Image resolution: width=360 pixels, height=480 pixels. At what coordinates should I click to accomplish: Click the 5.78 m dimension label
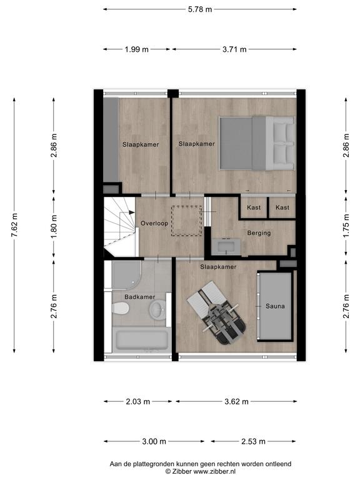[x=200, y=9]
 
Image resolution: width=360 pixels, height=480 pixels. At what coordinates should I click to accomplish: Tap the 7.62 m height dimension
[x=14, y=225]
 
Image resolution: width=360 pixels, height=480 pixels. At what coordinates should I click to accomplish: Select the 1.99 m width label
[x=136, y=49]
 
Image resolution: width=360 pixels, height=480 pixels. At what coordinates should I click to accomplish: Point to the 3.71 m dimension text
[x=234, y=49]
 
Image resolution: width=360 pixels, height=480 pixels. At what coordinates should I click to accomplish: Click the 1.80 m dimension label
[x=54, y=227]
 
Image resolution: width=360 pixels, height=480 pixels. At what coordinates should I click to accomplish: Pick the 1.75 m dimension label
[x=346, y=226]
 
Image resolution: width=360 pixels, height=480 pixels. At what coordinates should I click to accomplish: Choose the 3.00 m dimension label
[x=154, y=441]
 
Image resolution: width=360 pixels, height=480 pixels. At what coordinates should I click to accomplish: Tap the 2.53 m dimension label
[x=253, y=441]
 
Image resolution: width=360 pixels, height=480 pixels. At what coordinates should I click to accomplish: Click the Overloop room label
[x=154, y=224]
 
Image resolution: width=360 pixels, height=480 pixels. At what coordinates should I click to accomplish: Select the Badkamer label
[x=139, y=297]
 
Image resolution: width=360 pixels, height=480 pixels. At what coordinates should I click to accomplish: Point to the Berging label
[x=259, y=233]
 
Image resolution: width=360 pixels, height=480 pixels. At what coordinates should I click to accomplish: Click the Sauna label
[x=275, y=306]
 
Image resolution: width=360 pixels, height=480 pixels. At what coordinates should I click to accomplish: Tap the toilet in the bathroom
[x=120, y=308]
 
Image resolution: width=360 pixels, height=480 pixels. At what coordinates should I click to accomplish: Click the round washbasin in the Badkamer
[x=157, y=309]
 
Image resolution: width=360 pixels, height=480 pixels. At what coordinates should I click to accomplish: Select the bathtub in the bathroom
[x=141, y=339]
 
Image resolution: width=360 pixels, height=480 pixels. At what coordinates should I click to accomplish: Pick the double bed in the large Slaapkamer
[x=257, y=143]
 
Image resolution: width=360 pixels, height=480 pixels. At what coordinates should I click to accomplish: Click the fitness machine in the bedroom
[x=216, y=313]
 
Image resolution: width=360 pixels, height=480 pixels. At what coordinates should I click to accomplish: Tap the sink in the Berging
[x=227, y=247]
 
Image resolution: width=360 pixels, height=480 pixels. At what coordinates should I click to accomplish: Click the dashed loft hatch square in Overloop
[x=186, y=221]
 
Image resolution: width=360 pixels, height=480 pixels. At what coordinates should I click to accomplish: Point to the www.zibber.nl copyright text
[x=201, y=472]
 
